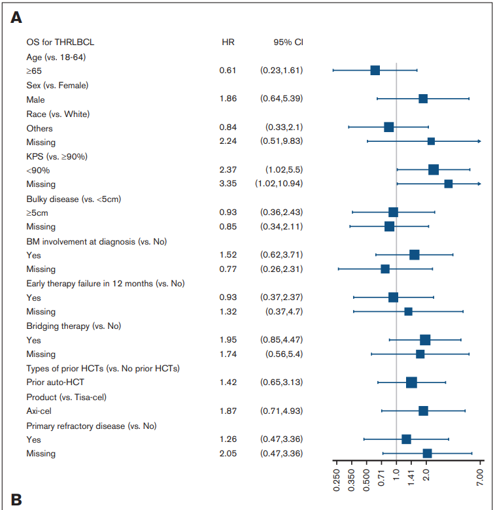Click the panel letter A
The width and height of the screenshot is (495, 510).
pos(16,18)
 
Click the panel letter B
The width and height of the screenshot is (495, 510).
pos(16,500)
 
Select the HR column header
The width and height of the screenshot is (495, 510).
pos(228,42)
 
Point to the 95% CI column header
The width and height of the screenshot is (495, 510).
pos(288,42)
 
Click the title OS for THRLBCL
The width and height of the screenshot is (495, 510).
pos(60,42)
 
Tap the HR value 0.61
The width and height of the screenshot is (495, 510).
pos(228,70)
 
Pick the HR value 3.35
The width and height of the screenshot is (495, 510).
pos(228,184)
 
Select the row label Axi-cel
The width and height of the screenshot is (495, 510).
pos(39,411)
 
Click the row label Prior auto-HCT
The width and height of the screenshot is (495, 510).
pos(56,382)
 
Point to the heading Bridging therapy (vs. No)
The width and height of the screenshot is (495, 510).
pos(73,326)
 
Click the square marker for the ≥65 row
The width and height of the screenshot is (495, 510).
pos(375,70)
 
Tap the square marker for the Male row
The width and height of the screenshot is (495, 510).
pos(423,99)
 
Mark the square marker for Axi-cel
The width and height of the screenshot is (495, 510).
pos(423,411)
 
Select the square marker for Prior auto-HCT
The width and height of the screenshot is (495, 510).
pos(411,382)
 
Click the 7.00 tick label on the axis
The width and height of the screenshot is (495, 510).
pos(480,477)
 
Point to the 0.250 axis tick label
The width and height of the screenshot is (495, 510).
pos(337,480)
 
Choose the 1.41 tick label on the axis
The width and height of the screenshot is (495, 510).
pos(411,477)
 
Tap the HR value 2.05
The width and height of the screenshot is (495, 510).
pos(228,453)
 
